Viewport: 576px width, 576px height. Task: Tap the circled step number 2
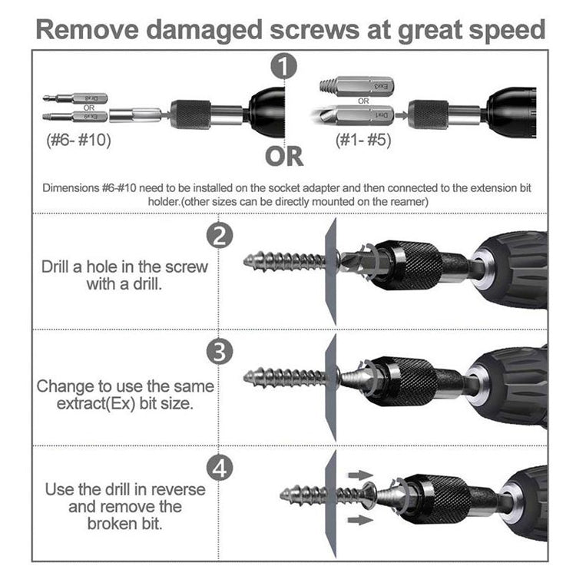pyautogui.click(x=220, y=236)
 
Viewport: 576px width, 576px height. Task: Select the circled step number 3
pyautogui.click(x=220, y=353)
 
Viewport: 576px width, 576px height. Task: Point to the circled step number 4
pyautogui.click(x=220, y=468)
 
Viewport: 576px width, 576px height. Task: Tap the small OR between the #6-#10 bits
pyautogui.click(x=88, y=108)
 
